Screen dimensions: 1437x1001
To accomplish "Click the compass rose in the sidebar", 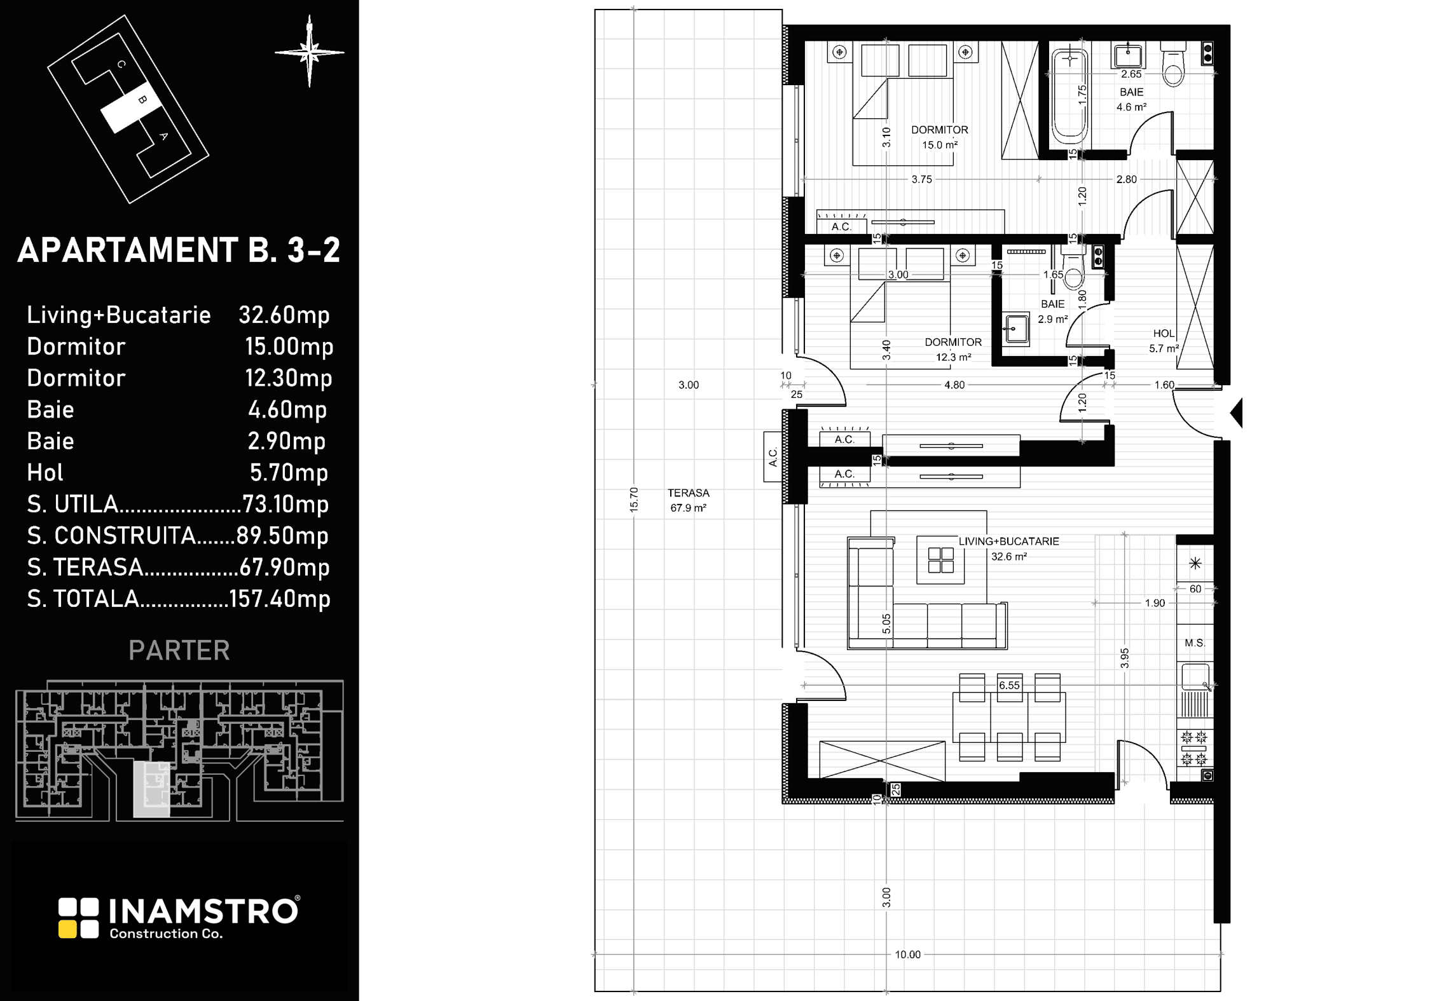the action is click(x=310, y=52).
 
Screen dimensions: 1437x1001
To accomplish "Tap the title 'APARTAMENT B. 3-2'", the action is click(x=179, y=250).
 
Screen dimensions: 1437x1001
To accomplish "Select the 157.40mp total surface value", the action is click(x=280, y=599).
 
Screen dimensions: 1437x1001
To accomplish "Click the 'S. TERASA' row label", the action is click(x=85, y=567).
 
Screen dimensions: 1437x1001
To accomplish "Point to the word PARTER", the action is click(x=179, y=650).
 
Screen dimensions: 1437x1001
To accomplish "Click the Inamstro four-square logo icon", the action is click(x=79, y=918).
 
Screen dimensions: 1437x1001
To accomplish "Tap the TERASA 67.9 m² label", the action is click(x=689, y=500).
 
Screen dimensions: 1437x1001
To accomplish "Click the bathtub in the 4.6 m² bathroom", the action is click(x=1069, y=96).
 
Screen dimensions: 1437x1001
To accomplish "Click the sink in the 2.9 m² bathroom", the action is click(x=1016, y=329).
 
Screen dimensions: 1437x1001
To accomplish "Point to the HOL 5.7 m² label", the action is click(x=1164, y=341).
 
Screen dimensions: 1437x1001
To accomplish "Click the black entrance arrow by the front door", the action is click(x=1236, y=412).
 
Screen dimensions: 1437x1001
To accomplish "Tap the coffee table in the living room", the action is click(x=940, y=560).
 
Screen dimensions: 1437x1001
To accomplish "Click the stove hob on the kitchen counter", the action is click(x=1194, y=748).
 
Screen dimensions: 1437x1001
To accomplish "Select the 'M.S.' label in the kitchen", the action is click(x=1195, y=643).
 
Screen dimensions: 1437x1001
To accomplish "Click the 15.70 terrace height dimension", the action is click(x=633, y=500).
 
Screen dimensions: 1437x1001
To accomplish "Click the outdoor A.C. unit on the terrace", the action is click(x=773, y=457).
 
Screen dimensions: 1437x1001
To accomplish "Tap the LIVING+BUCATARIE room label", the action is click(x=1009, y=541).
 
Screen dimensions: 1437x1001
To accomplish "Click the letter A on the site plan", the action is click(x=163, y=136).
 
